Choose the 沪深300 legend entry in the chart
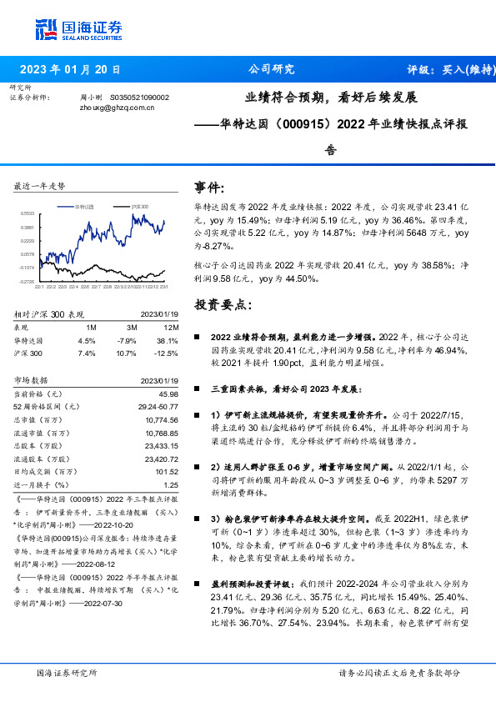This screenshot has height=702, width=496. tap(139, 206)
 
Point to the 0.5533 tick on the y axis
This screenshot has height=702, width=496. tap(27, 214)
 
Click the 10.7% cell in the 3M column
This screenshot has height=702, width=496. tap(127, 354)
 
